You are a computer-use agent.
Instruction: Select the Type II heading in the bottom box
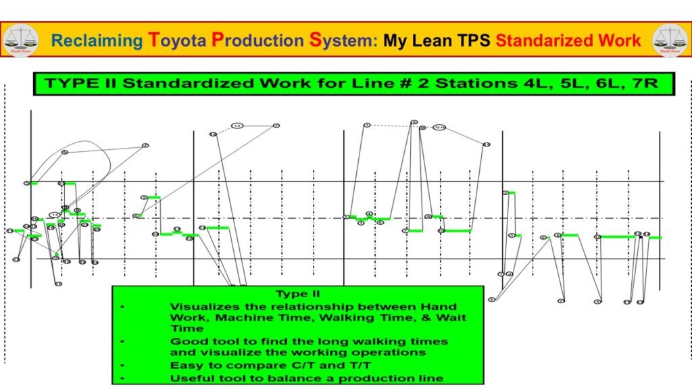[298, 294]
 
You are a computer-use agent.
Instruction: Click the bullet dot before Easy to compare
[122, 365]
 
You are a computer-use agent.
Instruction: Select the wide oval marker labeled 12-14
[440, 127]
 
